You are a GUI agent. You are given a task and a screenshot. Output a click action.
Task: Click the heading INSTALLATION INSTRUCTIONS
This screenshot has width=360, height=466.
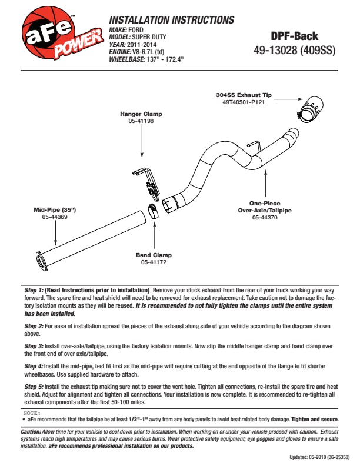[x=172, y=20]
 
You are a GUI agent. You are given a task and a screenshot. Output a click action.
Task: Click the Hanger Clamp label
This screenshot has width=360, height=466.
[x=141, y=114]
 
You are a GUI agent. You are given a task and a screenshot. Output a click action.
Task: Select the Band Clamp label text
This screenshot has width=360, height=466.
[x=154, y=255]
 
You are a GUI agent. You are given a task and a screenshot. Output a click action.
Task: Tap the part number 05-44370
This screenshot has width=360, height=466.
[x=265, y=218]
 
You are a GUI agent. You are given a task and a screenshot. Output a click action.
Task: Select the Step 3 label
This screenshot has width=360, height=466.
[x=34, y=347]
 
